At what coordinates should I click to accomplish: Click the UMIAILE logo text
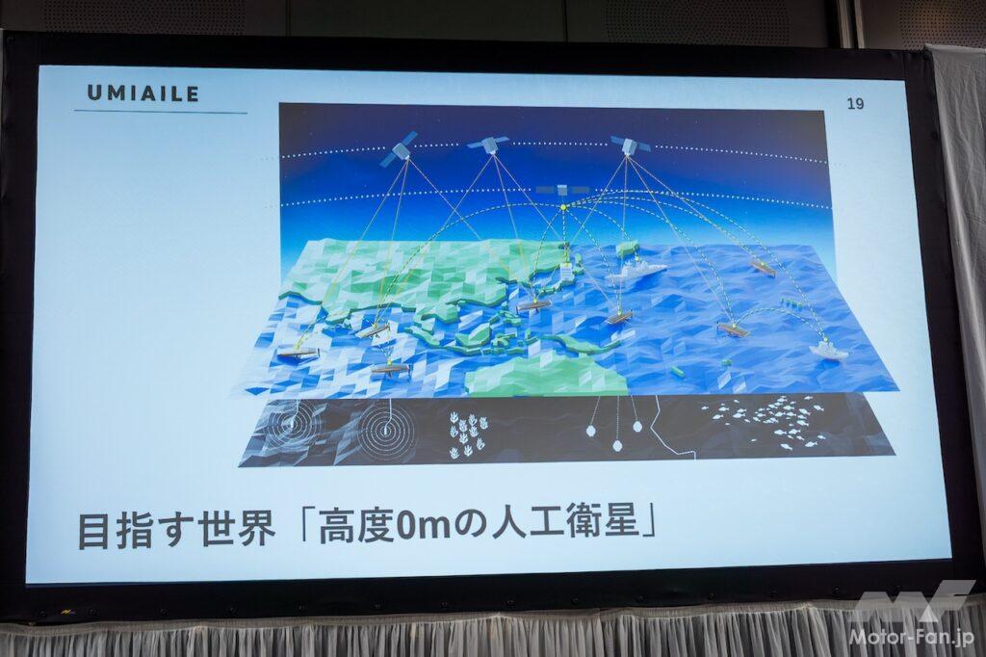click(143, 93)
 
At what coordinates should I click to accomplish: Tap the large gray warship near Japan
click(636, 272)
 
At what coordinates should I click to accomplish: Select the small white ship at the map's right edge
click(831, 350)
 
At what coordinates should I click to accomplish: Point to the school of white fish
click(764, 423)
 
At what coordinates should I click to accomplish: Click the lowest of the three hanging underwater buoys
click(617, 446)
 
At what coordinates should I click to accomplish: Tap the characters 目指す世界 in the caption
click(176, 531)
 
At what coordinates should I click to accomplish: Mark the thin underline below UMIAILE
click(161, 112)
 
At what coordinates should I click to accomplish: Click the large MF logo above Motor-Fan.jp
click(912, 601)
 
